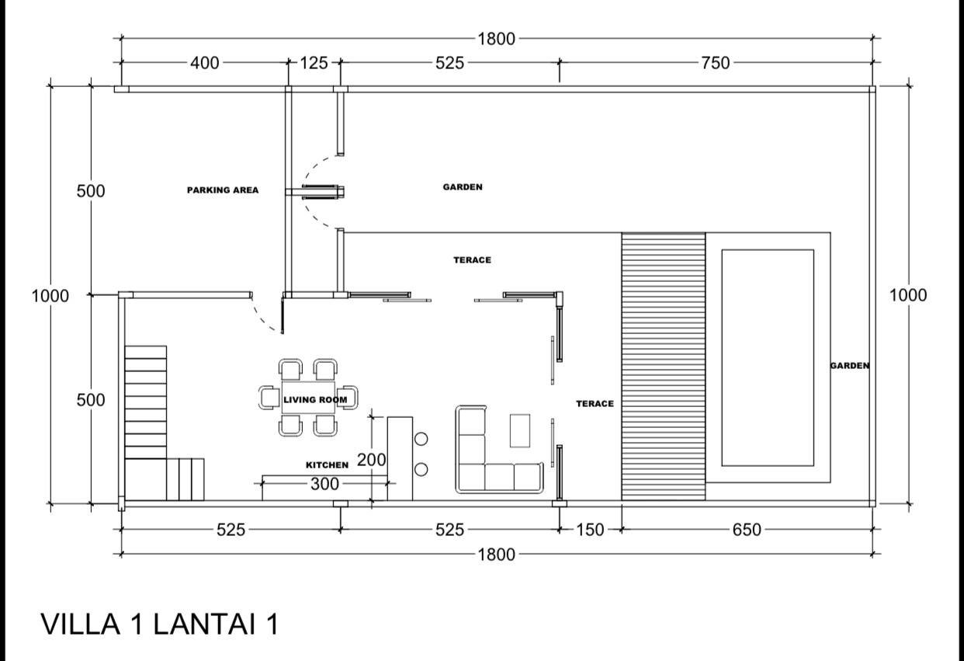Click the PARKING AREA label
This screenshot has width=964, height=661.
(223, 190)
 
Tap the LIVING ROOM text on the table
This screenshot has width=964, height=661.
(315, 399)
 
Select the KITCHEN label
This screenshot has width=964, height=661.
(327, 465)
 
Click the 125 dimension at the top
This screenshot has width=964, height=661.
(314, 63)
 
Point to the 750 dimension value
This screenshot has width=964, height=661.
(716, 63)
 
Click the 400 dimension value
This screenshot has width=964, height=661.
(205, 63)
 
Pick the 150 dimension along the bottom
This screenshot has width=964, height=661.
(590, 530)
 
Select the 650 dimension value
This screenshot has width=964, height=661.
(747, 530)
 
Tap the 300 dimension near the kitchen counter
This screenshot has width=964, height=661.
(325, 484)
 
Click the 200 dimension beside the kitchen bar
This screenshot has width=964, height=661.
(372, 460)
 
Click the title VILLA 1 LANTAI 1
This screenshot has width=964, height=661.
(160, 624)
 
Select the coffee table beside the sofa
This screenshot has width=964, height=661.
(520, 430)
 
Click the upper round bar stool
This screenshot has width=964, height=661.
(421, 439)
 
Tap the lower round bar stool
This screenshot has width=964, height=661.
(421, 469)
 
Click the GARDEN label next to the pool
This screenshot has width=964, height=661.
(850, 366)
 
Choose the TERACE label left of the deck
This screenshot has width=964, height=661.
(595, 403)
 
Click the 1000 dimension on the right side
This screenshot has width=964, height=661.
(908, 295)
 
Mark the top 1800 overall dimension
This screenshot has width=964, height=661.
(496, 39)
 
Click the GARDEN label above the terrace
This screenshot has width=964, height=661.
(463, 187)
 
